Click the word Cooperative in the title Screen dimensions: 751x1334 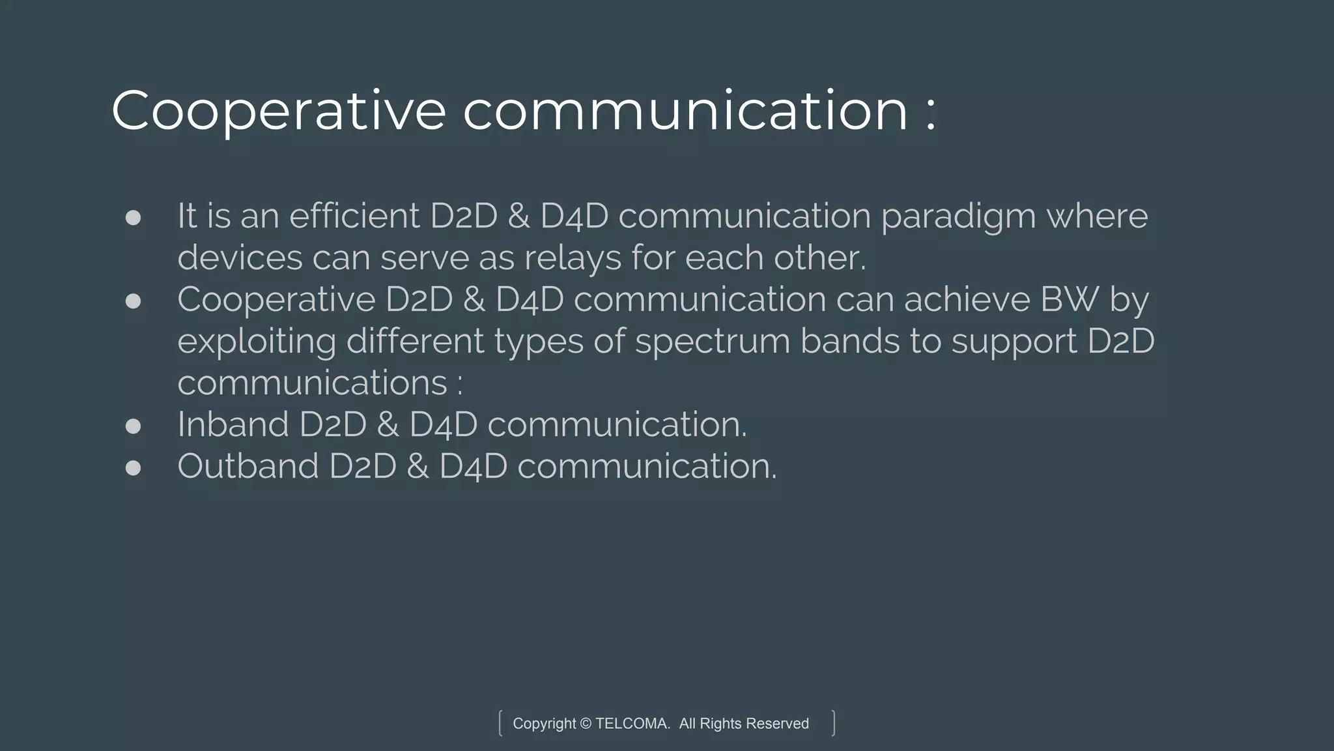pyautogui.click(x=278, y=111)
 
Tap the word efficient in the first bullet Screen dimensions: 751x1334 pyautogui.click(x=354, y=216)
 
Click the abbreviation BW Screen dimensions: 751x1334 pyautogui.click(x=1061, y=299)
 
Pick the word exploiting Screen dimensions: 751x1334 pyautogui.click(x=257, y=342)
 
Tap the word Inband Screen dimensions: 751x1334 pyautogui.click(x=233, y=424)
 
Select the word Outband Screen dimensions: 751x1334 pyautogui.click(x=248, y=466)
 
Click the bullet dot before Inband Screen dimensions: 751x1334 pyautogui.click(x=133, y=426)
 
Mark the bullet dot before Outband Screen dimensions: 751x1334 pyautogui.click(x=133, y=468)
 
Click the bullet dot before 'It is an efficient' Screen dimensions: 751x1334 pyautogui.click(x=133, y=218)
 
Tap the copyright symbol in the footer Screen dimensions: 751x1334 pyautogui.click(x=585, y=724)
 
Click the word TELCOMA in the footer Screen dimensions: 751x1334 pyautogui.click(x=632, y=724)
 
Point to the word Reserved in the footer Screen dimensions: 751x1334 pyautogui.click(x=777, y=724)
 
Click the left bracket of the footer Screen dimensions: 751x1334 pyautogui.click(x=500, y=723)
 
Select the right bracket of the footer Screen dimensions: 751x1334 pyautogui.click(x=833, y=723)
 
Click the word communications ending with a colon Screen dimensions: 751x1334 pyautogui.click(x=312, y=383)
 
